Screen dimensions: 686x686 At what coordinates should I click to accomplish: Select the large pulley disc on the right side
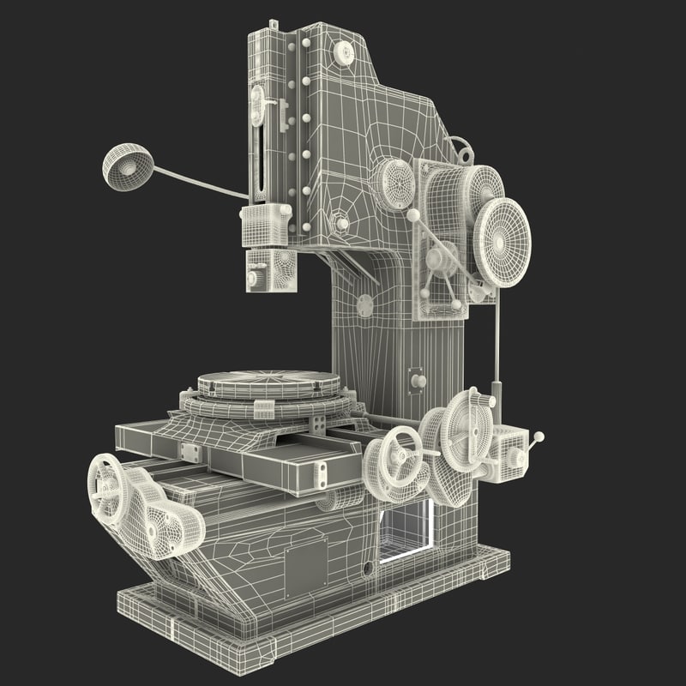coord(502,242)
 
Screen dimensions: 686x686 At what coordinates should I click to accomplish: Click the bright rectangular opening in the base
coord(404,529)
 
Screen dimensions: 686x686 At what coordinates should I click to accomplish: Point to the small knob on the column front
coord(418,380)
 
